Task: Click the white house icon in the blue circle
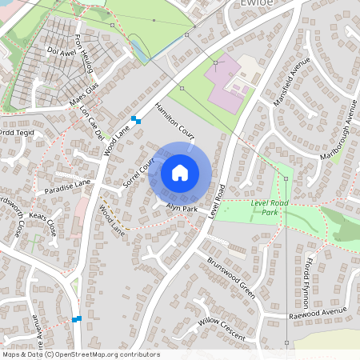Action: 180,173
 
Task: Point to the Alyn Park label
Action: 182,207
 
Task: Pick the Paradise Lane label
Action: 68,186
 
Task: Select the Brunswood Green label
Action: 230,277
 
